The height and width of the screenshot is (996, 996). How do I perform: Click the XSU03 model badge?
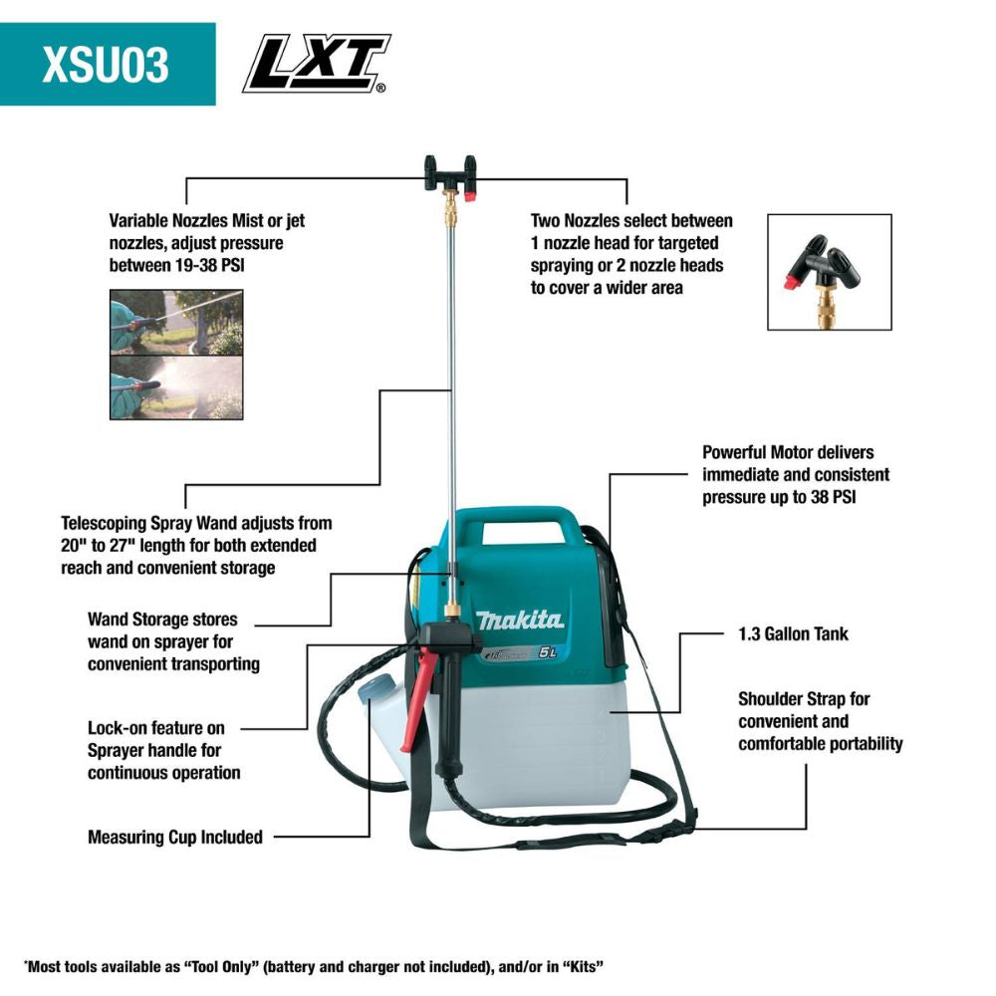pos(107,64)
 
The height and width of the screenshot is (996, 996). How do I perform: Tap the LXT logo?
pos(315,64)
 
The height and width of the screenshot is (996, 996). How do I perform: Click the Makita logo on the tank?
pos(519,620)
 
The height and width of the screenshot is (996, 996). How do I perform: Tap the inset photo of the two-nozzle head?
pos(829,272)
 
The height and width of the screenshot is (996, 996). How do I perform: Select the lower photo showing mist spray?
pos(175,387)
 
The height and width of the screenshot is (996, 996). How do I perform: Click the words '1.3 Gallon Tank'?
pos(794,633)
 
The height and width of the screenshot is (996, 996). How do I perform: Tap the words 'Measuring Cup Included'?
pos(175,837)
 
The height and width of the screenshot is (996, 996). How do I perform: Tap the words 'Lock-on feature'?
pos(155,728)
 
